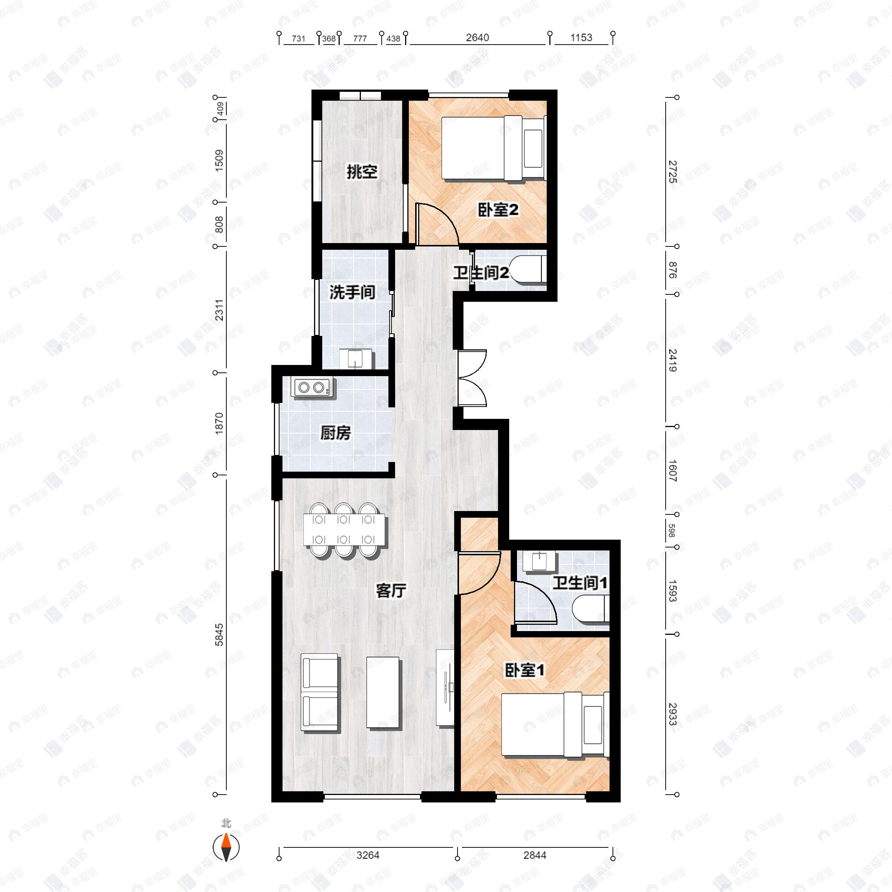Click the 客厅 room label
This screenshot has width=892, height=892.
pos(391,591)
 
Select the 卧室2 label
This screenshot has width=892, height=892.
pos(498,210)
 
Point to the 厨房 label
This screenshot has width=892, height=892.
pos(336,433)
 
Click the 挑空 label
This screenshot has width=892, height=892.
pos(362,172)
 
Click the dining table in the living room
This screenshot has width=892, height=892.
pos(343,530)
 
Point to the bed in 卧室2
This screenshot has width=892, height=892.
pos(492,148)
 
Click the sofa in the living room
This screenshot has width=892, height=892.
pos(320,692)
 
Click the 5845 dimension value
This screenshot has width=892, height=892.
pos(219,634)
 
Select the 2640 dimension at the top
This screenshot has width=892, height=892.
pos(477,38)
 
